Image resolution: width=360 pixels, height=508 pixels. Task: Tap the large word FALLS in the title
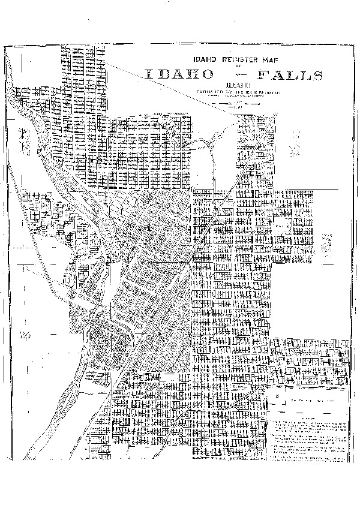point(290,75)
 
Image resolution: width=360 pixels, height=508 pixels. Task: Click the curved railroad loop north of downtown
point(207,150)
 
